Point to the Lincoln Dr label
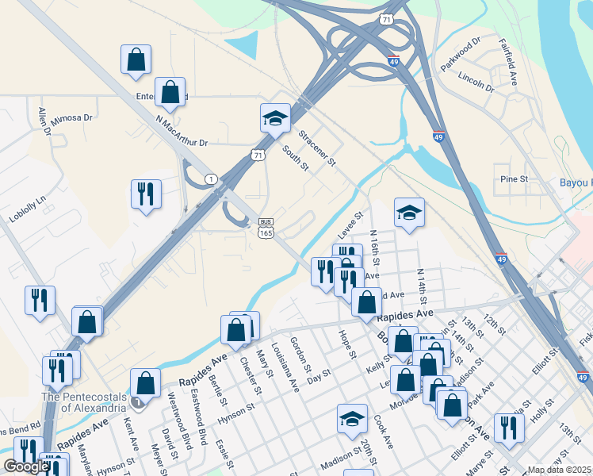pyautogui.click(x=476, y=81)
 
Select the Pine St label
pyautogui.click(x=514, y=179)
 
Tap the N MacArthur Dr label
pyautogui.click(x=182, y=132)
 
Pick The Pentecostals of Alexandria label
pyautogui.click(x=83, y=402)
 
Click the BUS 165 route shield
pyautogui.click(x=266, y=226)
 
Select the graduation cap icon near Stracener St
pyautogui.click(x=275, y=118)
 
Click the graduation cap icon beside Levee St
pyautogui.click(x=409, y=212)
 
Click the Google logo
pyautogui.click(x=26, y=466)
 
